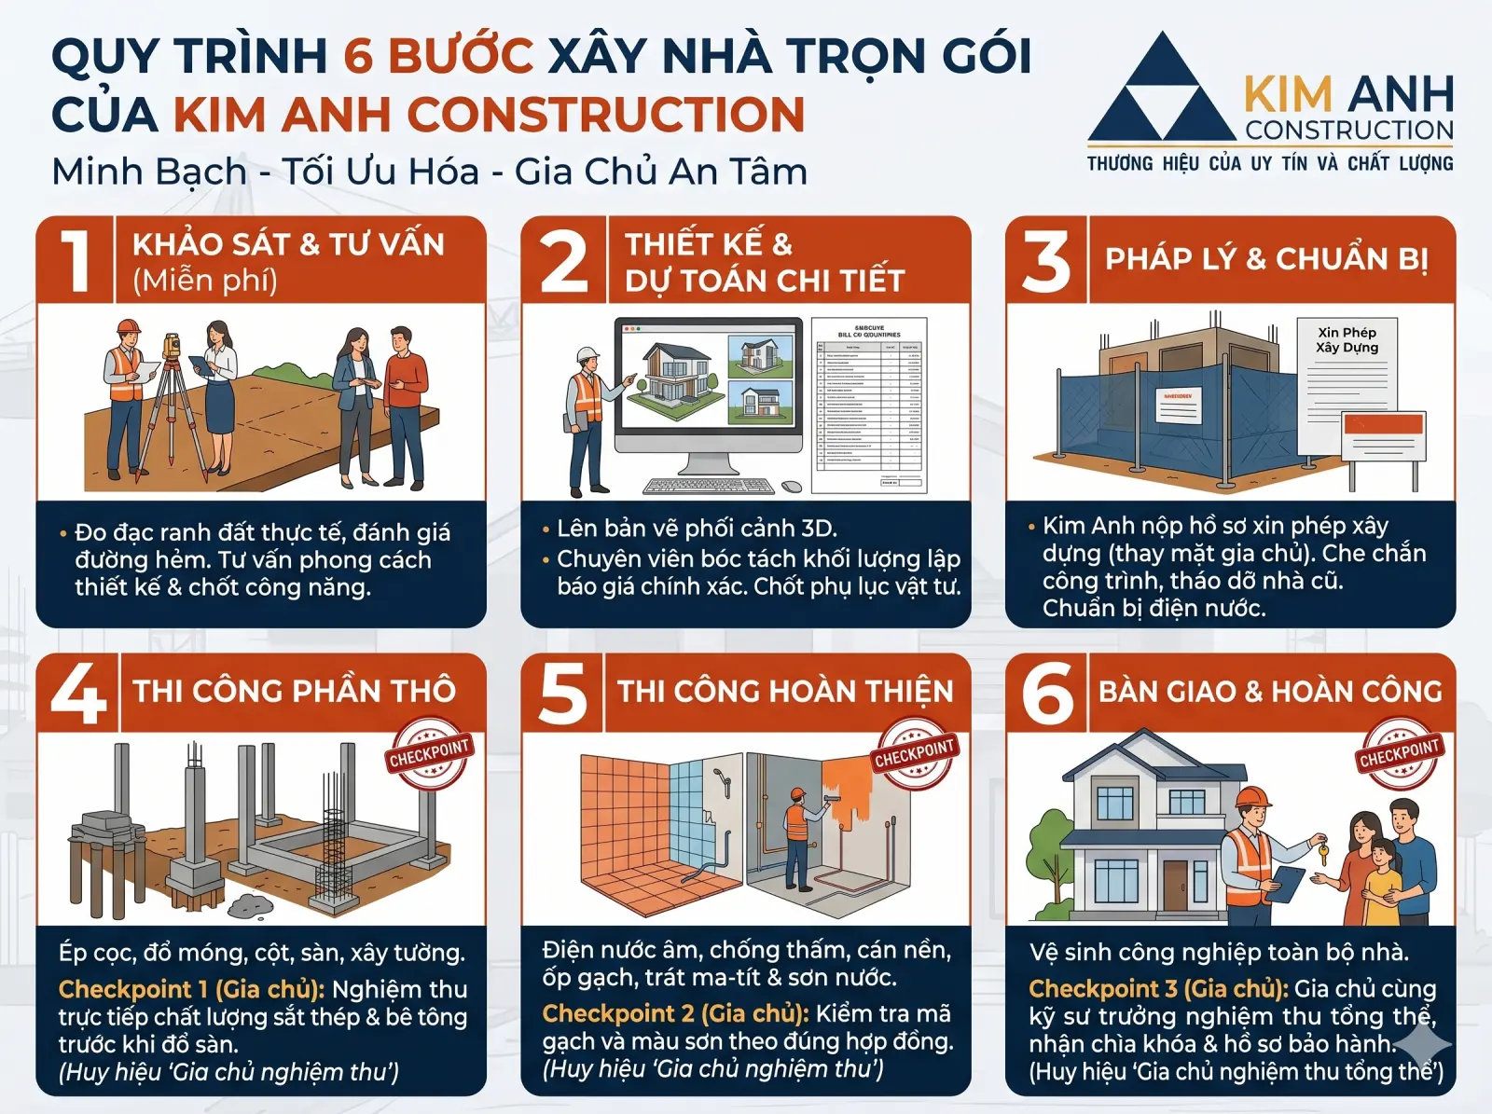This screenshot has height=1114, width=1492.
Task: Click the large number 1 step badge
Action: (x=76, y=260)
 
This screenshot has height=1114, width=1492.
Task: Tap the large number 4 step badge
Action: (x=78, y=693)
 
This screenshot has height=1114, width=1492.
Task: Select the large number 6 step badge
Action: (x=1047, y=693)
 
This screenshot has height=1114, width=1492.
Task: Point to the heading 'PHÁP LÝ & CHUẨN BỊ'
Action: (x=1266, y=259)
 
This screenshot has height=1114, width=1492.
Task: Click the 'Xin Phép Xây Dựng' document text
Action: (x=1347, y=340)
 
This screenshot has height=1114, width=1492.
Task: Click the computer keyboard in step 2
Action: (x=710, y=487)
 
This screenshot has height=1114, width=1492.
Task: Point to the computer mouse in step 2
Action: (x=792, y=487)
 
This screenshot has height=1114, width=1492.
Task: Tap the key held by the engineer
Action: (x=1322, y=850)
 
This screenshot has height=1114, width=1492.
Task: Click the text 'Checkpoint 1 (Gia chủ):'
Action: (x=191, y=989)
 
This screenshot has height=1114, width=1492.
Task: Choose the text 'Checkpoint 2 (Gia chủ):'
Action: (x=675, y=1013)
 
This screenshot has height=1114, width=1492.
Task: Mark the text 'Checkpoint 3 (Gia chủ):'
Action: (x=1158, y=989)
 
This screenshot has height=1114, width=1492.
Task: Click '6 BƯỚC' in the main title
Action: (x=438, y=56)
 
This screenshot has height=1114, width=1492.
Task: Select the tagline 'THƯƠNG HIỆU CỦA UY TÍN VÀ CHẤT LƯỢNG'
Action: (x=1269, y=164)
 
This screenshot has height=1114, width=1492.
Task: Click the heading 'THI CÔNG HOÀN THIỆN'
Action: (x=785, y=692)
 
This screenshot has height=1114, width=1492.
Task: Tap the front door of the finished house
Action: (x=1175, y=885)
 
